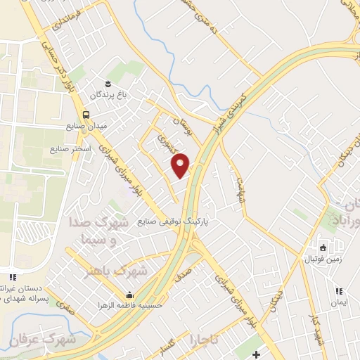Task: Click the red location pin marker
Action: [x=181, y=165]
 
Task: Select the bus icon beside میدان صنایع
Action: [x=86, y=115]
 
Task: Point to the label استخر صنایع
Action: [x=67, y=150]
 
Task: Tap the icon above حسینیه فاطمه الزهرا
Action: [x=129, y=295]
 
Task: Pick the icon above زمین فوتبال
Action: [x=323, y=247]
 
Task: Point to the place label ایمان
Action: [x=340, y=302]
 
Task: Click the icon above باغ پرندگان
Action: [x=107, y=82]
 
